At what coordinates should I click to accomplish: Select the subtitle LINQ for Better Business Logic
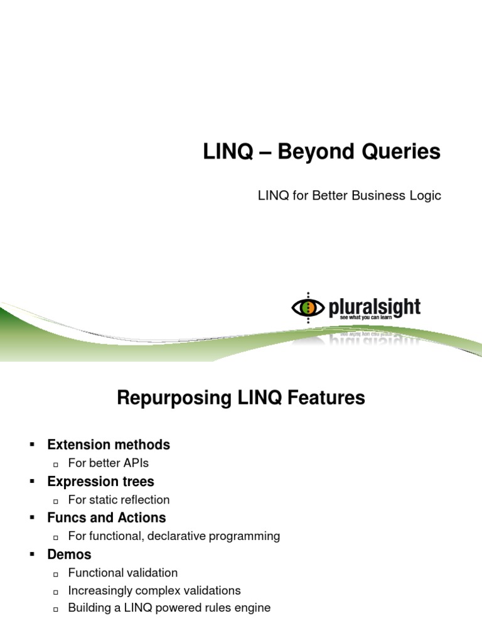350,196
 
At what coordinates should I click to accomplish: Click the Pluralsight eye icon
308,308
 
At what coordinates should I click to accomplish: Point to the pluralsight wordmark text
375,307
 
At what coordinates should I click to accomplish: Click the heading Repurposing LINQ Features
241,398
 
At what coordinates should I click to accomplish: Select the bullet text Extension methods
109,445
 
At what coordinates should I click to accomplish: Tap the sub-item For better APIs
109,463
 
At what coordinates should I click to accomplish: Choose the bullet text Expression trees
100,482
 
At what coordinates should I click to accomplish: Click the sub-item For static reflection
119,500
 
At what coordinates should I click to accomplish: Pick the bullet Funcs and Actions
107,518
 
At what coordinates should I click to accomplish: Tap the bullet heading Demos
69,554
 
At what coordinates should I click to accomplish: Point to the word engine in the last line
253,608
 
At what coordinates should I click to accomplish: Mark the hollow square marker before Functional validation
56,574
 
